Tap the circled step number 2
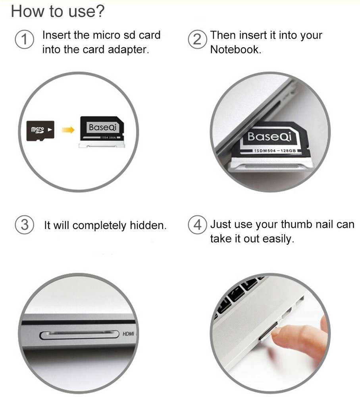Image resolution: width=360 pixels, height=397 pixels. pyautogui.click(x=196, y=40)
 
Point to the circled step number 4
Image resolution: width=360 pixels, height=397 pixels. pyautogui.click(x=196, y=225)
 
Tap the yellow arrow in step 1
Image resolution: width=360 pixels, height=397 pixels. pyautogui.click(x=69, y=130)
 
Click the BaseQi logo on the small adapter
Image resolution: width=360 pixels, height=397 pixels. pyautogui.click(x=101, y=127)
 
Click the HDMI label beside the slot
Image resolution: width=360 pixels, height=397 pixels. pyautogui.click(x=128, y=334)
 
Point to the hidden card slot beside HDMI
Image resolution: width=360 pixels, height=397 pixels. pyautogui.click(x=79, y=335)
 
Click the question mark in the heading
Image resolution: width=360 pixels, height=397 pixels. pyautogui.click(x=100, y=11)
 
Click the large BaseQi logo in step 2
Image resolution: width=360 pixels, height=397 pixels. pyautogui.click(x=270, y=137)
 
